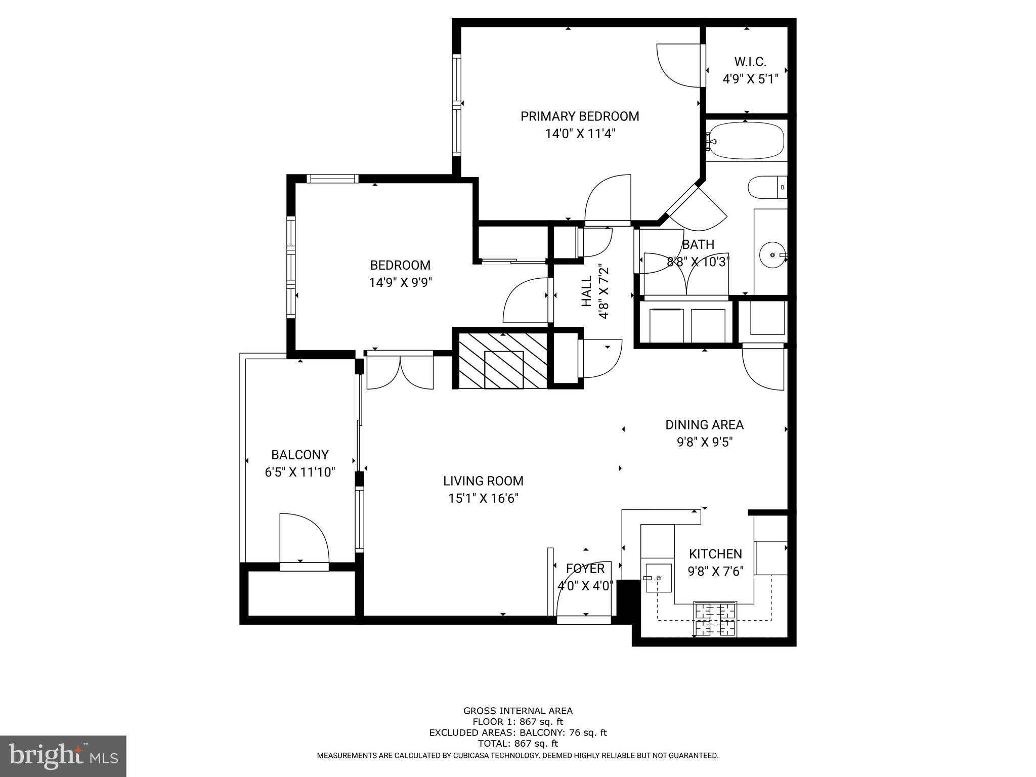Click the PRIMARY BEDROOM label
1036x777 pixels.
click(x=580, y=116)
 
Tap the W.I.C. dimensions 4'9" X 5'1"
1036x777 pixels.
click(x=750, y=79)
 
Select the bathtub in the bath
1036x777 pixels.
click(x=746, y=140)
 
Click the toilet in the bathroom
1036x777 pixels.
click(x=766, y=187)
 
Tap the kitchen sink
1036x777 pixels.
click(x=658, y=578)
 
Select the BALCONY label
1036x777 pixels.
click(x=300, y=455)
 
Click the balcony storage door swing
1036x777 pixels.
click(x=304, y=539)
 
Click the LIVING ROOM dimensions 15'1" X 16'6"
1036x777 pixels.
click(x=483, y=498)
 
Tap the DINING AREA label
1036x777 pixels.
click(x=704, y=425)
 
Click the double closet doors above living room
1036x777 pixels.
click(x=400, y=372)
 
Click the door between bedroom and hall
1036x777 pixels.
click(x=526, y=301)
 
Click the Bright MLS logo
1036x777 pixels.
click(x=63, y=756)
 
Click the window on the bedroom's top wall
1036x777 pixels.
click(x=332, y=178)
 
